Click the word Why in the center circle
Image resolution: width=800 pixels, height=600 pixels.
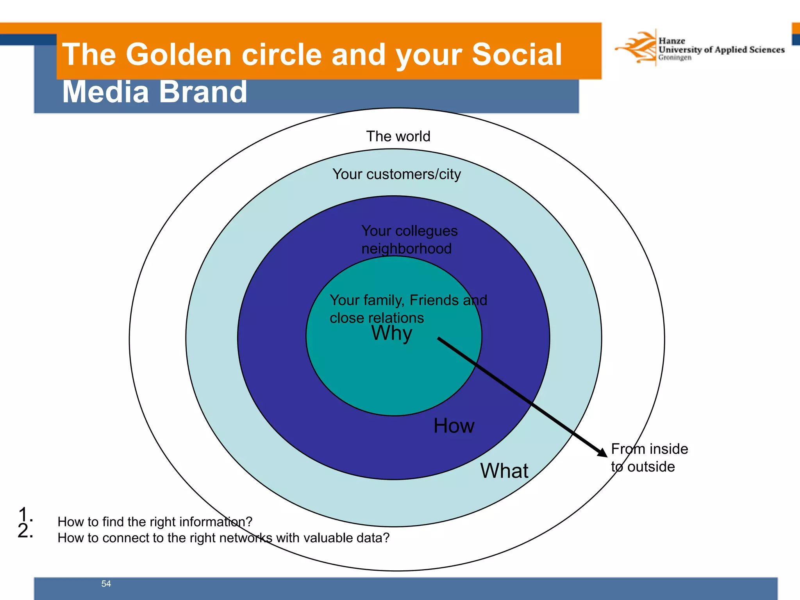(391, 334)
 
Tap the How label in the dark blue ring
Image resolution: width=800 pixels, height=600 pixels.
(454, 425)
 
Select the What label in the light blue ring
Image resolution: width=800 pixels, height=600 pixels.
(504, 470)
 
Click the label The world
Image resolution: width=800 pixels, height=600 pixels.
(398, 136)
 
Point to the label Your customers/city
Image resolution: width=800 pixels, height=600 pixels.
(396, 174)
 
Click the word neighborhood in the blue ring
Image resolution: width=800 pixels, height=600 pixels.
(406, 249)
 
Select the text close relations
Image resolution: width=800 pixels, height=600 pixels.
(376, 318)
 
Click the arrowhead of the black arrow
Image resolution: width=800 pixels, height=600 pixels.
(602, 452)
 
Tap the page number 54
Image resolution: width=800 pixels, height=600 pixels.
(106, 584)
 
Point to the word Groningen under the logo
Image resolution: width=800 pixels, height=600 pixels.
(674, 57)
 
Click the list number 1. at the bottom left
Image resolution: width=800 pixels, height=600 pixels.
(24, 514)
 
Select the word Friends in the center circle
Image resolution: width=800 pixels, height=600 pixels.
(434, 300)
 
